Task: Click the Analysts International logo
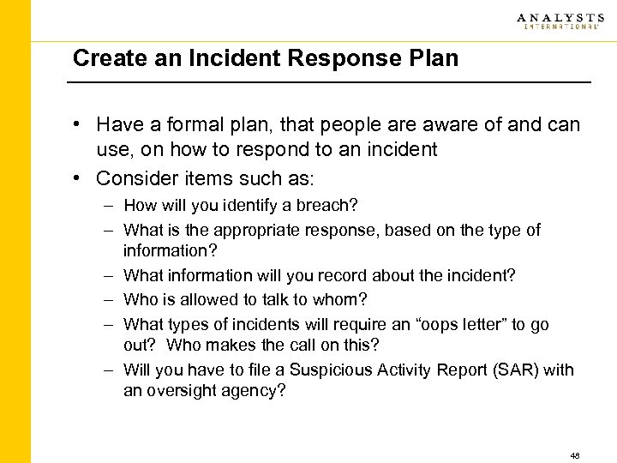click(x=558, y=21)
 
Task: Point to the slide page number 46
click(x=574, y=455)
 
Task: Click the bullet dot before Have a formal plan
click(x=78, y=124)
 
